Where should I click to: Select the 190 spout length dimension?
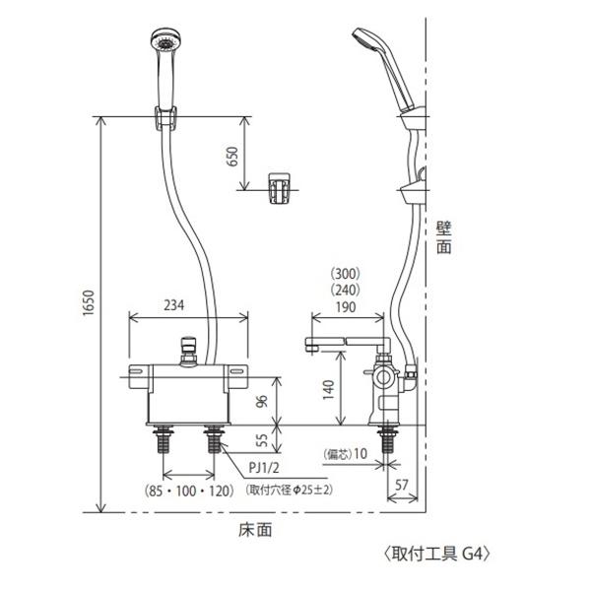(348, 306)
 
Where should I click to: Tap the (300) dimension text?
(348, 273)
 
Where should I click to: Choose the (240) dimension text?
(348, 290)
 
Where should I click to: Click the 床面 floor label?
(255, 529)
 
